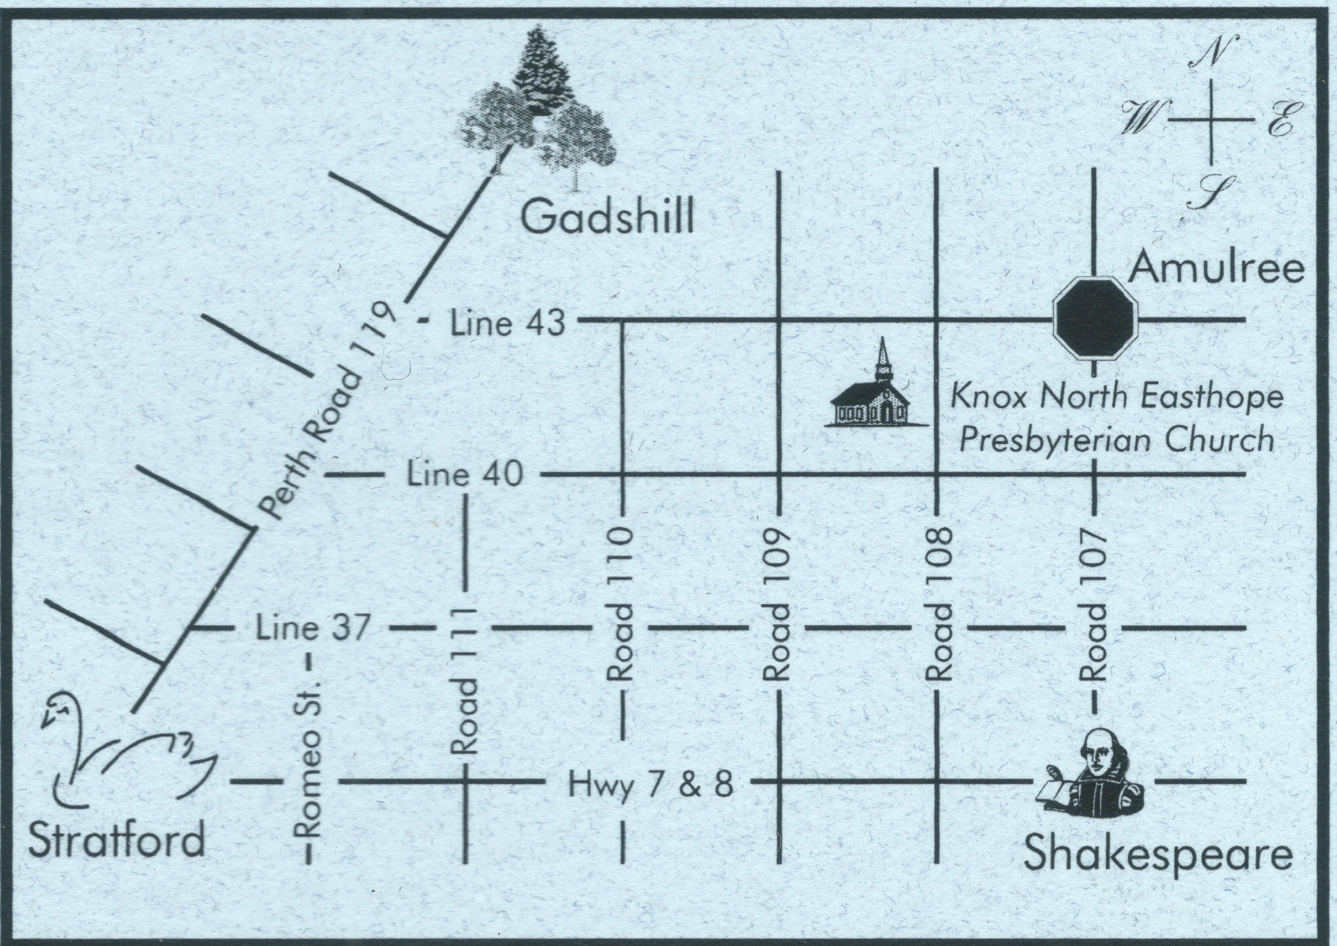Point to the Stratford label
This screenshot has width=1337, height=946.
coord(117,839)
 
